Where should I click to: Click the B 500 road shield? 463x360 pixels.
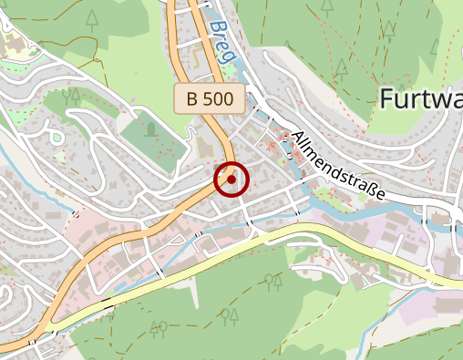point(210,98)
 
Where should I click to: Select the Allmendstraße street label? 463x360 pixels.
point(338,166)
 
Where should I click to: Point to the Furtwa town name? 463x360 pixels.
point(420,98)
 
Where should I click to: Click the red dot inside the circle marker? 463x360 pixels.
point(231,180)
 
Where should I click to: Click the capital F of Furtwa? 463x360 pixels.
point(385,98)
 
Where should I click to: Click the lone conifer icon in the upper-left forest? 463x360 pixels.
point(92,17)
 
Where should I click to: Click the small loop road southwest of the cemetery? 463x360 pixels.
point(55,137)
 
